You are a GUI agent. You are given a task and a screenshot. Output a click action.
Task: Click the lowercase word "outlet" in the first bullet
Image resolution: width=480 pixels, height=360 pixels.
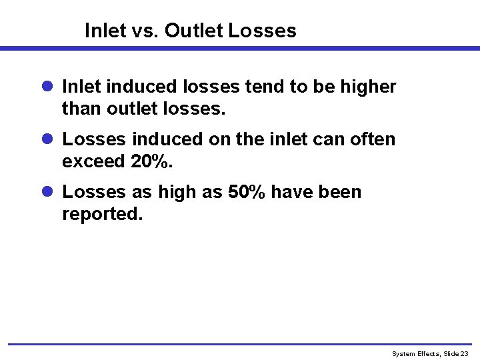click(x=132, y=108)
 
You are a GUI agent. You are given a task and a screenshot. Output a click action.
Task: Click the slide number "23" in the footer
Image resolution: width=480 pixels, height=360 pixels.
click(x=465, y=353)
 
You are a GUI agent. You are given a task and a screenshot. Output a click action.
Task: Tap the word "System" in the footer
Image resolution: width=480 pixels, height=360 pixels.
click(x=403, y=353)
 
